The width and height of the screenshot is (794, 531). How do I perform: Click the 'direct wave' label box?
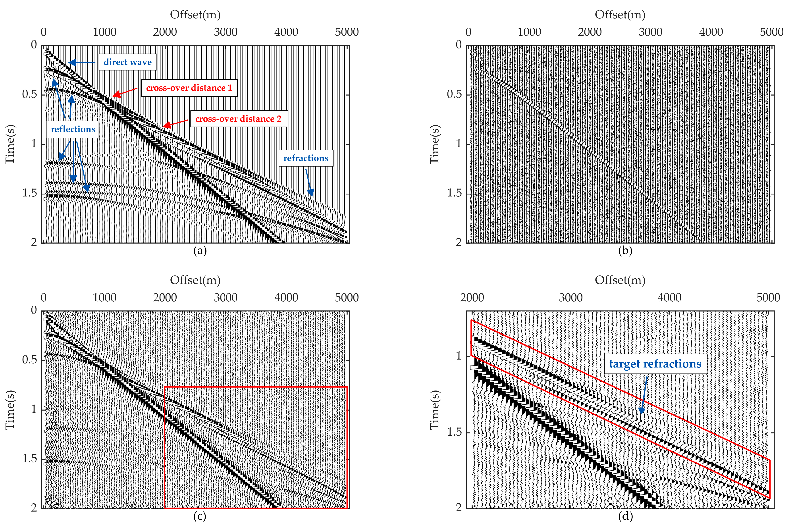tap(127, 62)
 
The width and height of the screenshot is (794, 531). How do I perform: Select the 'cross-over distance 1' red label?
tap(189, 88)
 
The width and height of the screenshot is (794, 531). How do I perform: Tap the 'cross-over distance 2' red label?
tap(239, 119)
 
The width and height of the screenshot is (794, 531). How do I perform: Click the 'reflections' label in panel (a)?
tap(73, 129)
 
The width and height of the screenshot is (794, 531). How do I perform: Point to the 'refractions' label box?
tap(306, 158)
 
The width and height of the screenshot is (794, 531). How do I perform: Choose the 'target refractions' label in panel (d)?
tap(655, 364)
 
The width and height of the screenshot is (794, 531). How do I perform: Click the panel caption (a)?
tap(200, 251)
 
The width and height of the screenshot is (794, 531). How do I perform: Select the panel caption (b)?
tap(625, 251)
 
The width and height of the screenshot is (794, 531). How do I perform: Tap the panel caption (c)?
tap(200, 516)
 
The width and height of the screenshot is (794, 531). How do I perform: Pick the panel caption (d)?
tap(625, 516)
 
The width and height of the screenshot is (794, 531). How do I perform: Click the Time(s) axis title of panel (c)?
tap(10, 410)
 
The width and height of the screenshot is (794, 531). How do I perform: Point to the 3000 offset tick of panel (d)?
tap(570, 298)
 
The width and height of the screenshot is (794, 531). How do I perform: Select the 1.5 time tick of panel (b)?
tap(454, 193)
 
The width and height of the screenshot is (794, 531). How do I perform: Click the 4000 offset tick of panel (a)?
tap(286, 32)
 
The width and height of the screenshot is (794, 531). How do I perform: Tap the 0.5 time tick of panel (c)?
tap(29, 360)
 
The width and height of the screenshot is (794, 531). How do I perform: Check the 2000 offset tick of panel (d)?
tap(472, 298)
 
